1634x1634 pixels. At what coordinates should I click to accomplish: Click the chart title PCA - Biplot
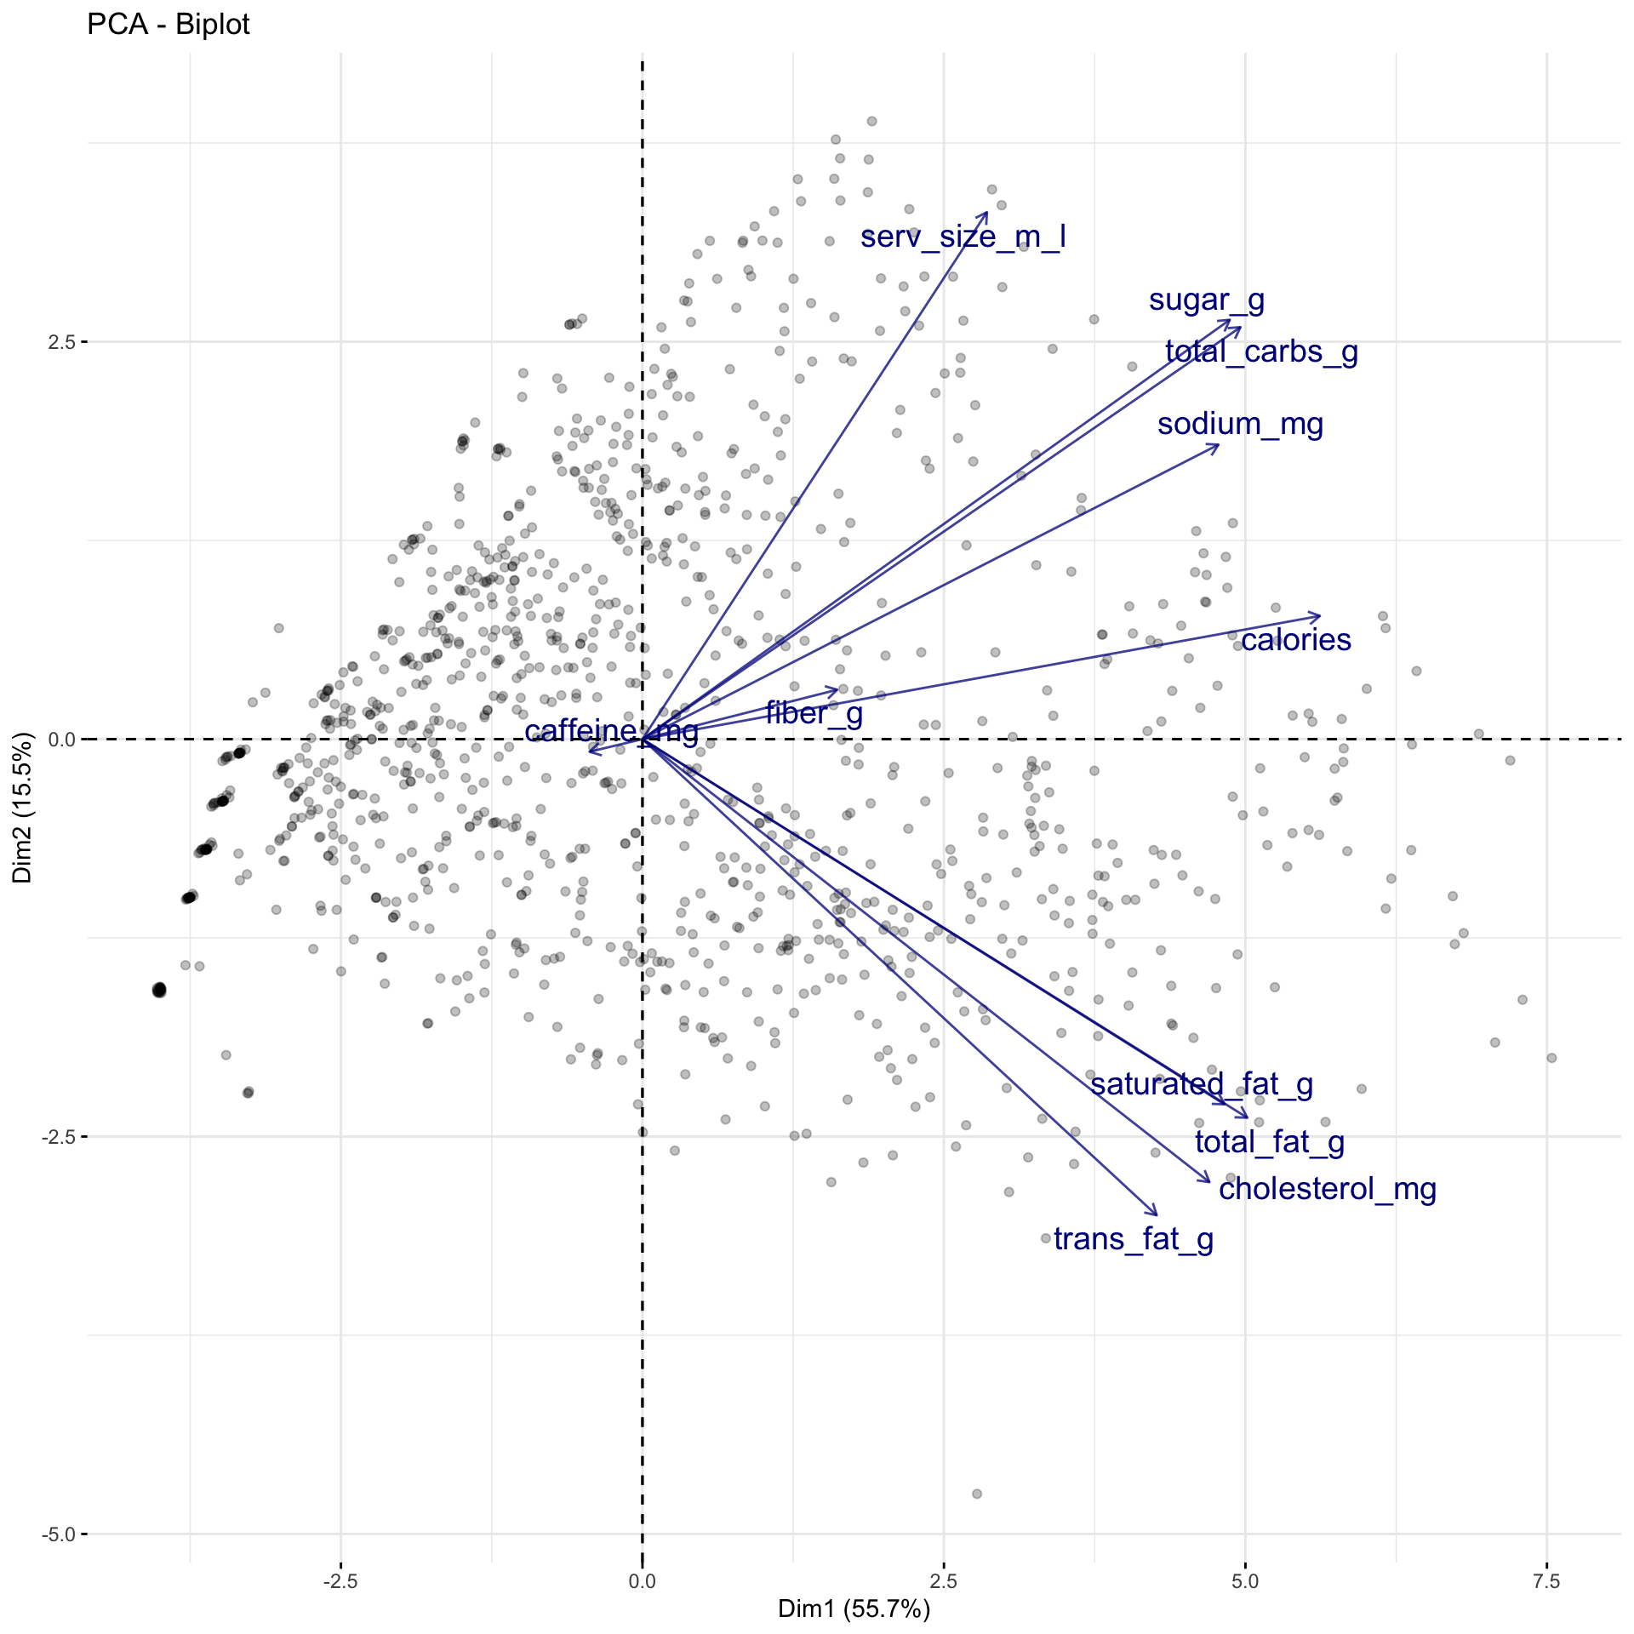pyautogui.click(x=168, y=25)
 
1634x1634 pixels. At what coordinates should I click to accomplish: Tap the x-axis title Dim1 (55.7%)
pyautogui.click(x=854, y=1608)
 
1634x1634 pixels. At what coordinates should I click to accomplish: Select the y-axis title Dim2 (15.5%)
pyautogui.click(x=22, y=807)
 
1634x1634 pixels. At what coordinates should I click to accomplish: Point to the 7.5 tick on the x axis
pyautogui.click(x=1546, y=1581)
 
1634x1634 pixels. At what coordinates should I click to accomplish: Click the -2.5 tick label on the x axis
pyautogui.click(x=340, y=1581)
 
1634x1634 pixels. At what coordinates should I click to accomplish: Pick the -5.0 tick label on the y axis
pyautogui.click(x=59, y=1534)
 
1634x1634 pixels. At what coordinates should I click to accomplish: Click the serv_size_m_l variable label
pyautogui.click(x=963, y=237)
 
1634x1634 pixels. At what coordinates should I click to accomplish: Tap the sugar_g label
pyautogui.click(x=1206, y=300)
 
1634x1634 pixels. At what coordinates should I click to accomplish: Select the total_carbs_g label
pyautogui.click(x=1260, y=351)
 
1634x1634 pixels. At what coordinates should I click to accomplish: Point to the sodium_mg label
pyautogui.click(x=1239, y=424)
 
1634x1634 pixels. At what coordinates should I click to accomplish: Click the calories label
pyautogui.click(x=1294, y=640)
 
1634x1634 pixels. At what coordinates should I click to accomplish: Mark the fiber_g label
pyautogui.click(x=814, y=713)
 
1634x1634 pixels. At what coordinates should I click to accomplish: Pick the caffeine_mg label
pyautogui.click(x=610, y=730)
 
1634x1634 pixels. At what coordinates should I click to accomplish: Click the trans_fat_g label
pyautogui.click(x=1133, y=1239)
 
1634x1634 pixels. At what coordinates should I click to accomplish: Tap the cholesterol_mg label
pyautogui.click(x=1327, y=1189)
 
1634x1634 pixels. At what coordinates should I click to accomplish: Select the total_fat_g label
pyautogui.click(x=1269, y=1142)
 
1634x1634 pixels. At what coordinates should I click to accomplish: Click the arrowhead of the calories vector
pyautogui.click(x=1319, y=615)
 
